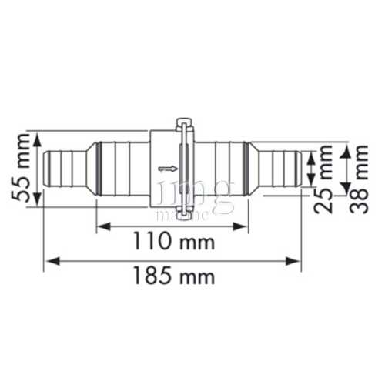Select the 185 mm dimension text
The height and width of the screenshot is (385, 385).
tap(171, 276)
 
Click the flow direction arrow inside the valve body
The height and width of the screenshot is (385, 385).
tap(164, 167)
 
